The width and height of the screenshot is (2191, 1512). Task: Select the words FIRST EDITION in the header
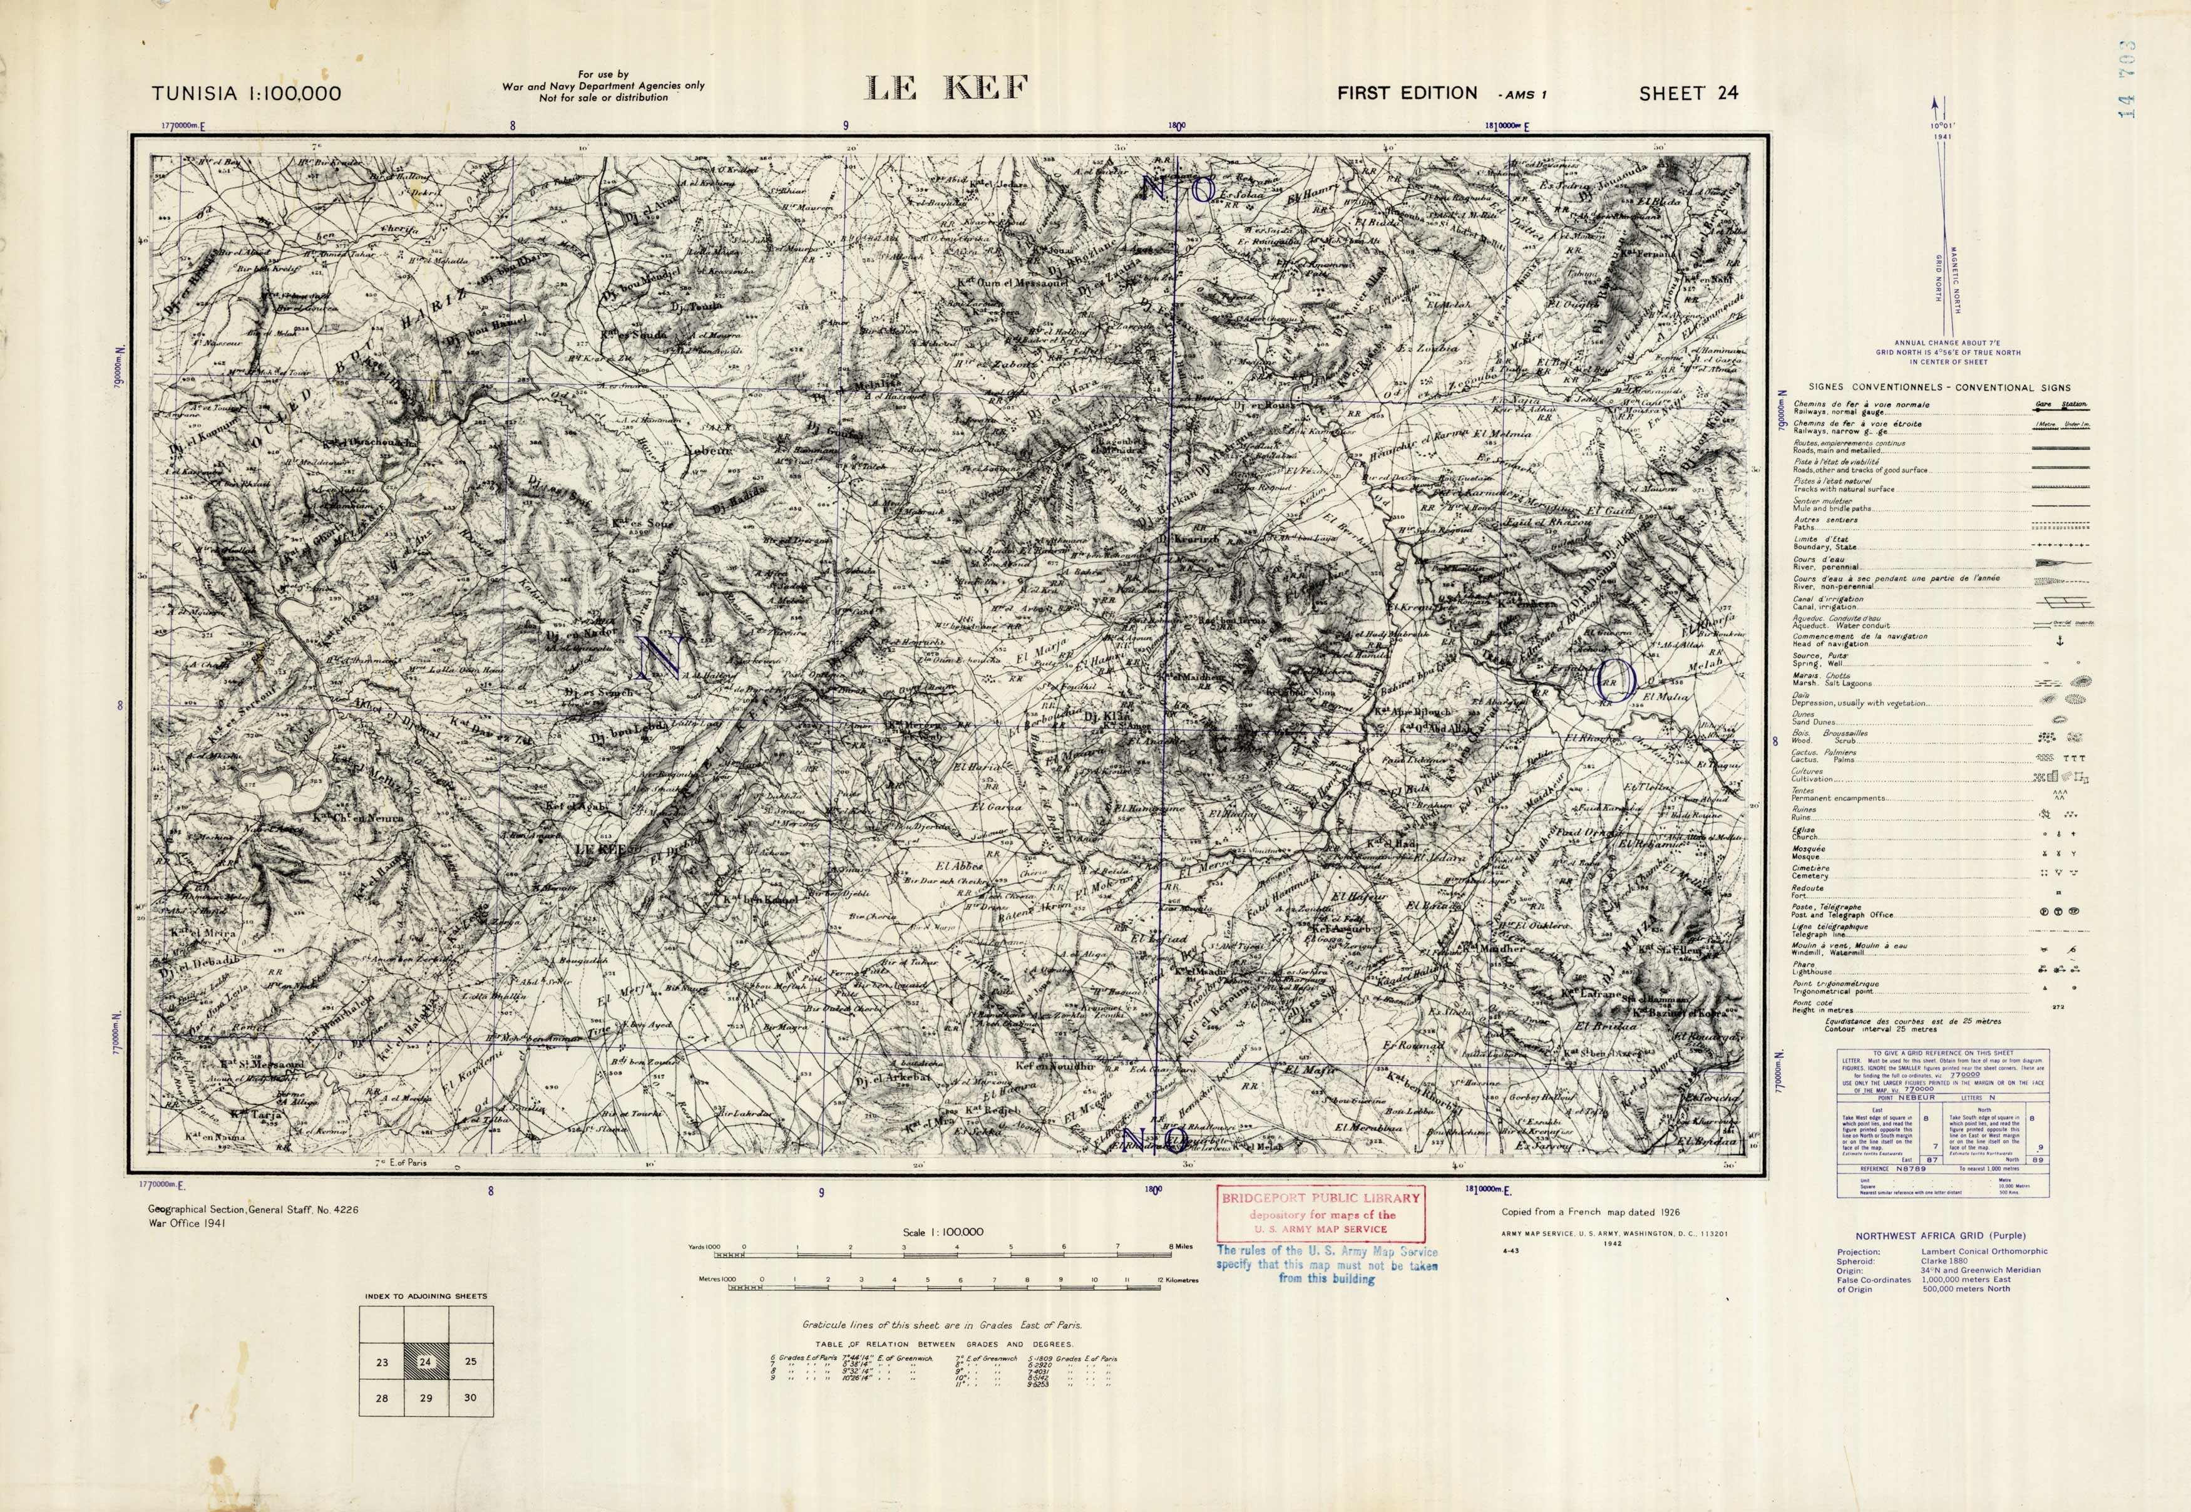pyautogui.click(x=1407, y=93)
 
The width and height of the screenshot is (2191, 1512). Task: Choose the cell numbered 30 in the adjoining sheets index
pyautogui.click(x=471, y=1397)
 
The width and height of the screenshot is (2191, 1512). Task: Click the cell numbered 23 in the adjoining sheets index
pyautogui.click(x=382, y=1362)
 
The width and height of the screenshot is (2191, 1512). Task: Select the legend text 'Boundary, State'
pyautogui.click(x=1824, y=547)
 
